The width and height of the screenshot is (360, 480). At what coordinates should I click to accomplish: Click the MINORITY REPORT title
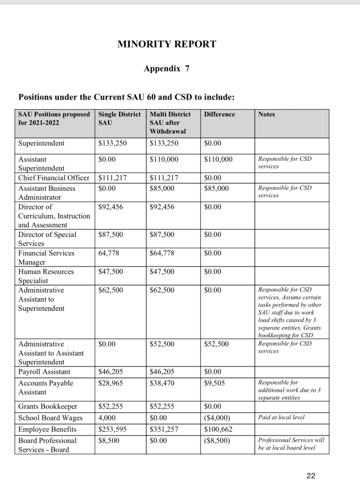click(x=167, y=44)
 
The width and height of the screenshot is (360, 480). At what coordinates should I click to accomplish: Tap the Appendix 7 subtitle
click(x=167, y=68)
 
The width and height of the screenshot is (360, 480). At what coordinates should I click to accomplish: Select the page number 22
click(x=310, y=476)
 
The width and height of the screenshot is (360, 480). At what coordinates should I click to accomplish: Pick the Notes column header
click(x=267, y=114)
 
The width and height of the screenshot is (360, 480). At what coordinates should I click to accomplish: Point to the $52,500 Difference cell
click(x=217, y=344)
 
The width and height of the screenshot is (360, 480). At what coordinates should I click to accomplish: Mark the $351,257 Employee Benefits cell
click(x=165, y=429)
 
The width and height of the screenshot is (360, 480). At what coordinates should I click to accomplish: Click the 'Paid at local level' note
click(x=281, y=418)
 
